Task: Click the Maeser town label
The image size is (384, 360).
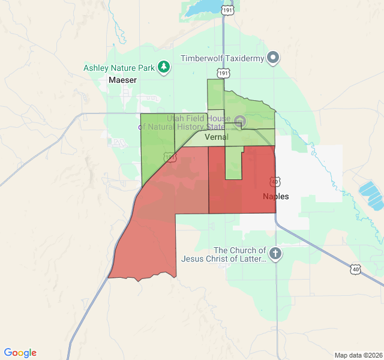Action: [x=123, y=80]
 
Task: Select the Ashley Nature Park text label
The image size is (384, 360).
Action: [x=120, y=67]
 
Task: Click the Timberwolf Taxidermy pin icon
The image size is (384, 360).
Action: [x=274, y=58]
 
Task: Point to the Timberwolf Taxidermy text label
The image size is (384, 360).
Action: [x=223, y=59]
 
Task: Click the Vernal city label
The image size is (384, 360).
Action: [x=217, y=137]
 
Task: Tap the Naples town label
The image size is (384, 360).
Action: [x=276, y=196]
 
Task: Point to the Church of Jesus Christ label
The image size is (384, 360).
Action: [x=239, y=254]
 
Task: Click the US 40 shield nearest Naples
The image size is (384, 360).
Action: [x=275, y=181]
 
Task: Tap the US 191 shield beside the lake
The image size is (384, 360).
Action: [x=227, y=10]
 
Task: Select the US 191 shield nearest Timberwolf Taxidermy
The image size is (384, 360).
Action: [x=223, y=73]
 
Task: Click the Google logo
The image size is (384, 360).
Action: [x=20, y=353]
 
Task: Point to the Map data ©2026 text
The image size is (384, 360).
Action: [x=358, y=355]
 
